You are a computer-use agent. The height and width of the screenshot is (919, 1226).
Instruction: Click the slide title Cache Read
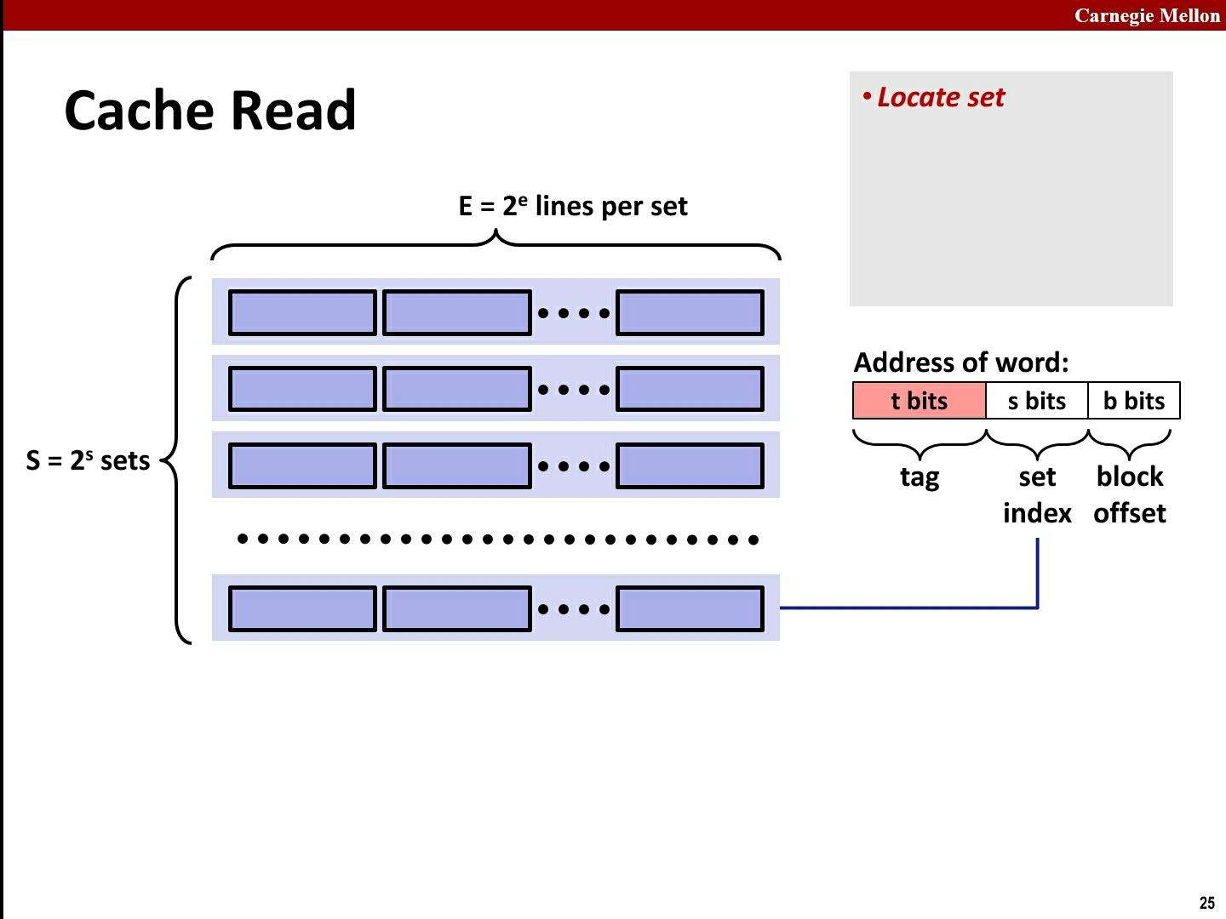[x=210, y=111]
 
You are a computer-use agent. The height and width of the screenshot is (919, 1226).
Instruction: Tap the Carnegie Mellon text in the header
[x=1146, y=15]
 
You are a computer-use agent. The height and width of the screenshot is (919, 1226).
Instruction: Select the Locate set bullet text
[x=940, y=98]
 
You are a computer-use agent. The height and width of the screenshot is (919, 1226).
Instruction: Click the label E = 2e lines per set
[x=572, y=207]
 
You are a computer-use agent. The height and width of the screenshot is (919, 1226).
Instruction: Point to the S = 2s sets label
[x=88, y=460]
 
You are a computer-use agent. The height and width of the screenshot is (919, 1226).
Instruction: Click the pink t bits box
[x=919, y=401]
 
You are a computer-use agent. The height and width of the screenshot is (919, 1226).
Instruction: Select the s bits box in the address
[x=1036, y=401]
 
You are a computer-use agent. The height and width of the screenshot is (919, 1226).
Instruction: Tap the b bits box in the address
[x=1133, y=401]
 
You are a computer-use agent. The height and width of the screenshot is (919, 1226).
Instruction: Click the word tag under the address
[x=919, y=477]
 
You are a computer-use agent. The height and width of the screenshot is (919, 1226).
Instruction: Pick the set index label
[x=1037, y=494]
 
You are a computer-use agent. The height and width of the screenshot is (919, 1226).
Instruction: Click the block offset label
[x=1130, y=494]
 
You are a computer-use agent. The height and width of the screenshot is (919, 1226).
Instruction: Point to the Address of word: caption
[x=960, y=362]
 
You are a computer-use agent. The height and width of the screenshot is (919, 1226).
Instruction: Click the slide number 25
[x=1206, y=903]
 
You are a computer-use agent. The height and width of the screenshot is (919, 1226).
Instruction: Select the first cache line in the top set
[x=302, y=312]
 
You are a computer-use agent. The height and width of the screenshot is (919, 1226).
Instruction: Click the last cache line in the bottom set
[x=690, y=608]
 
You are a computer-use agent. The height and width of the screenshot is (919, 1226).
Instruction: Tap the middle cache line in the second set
[x=457, y=389]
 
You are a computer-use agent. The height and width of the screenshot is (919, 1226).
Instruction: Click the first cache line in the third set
[x=302, y=465]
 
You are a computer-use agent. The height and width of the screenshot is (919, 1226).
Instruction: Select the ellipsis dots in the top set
[x=574, y=313]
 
